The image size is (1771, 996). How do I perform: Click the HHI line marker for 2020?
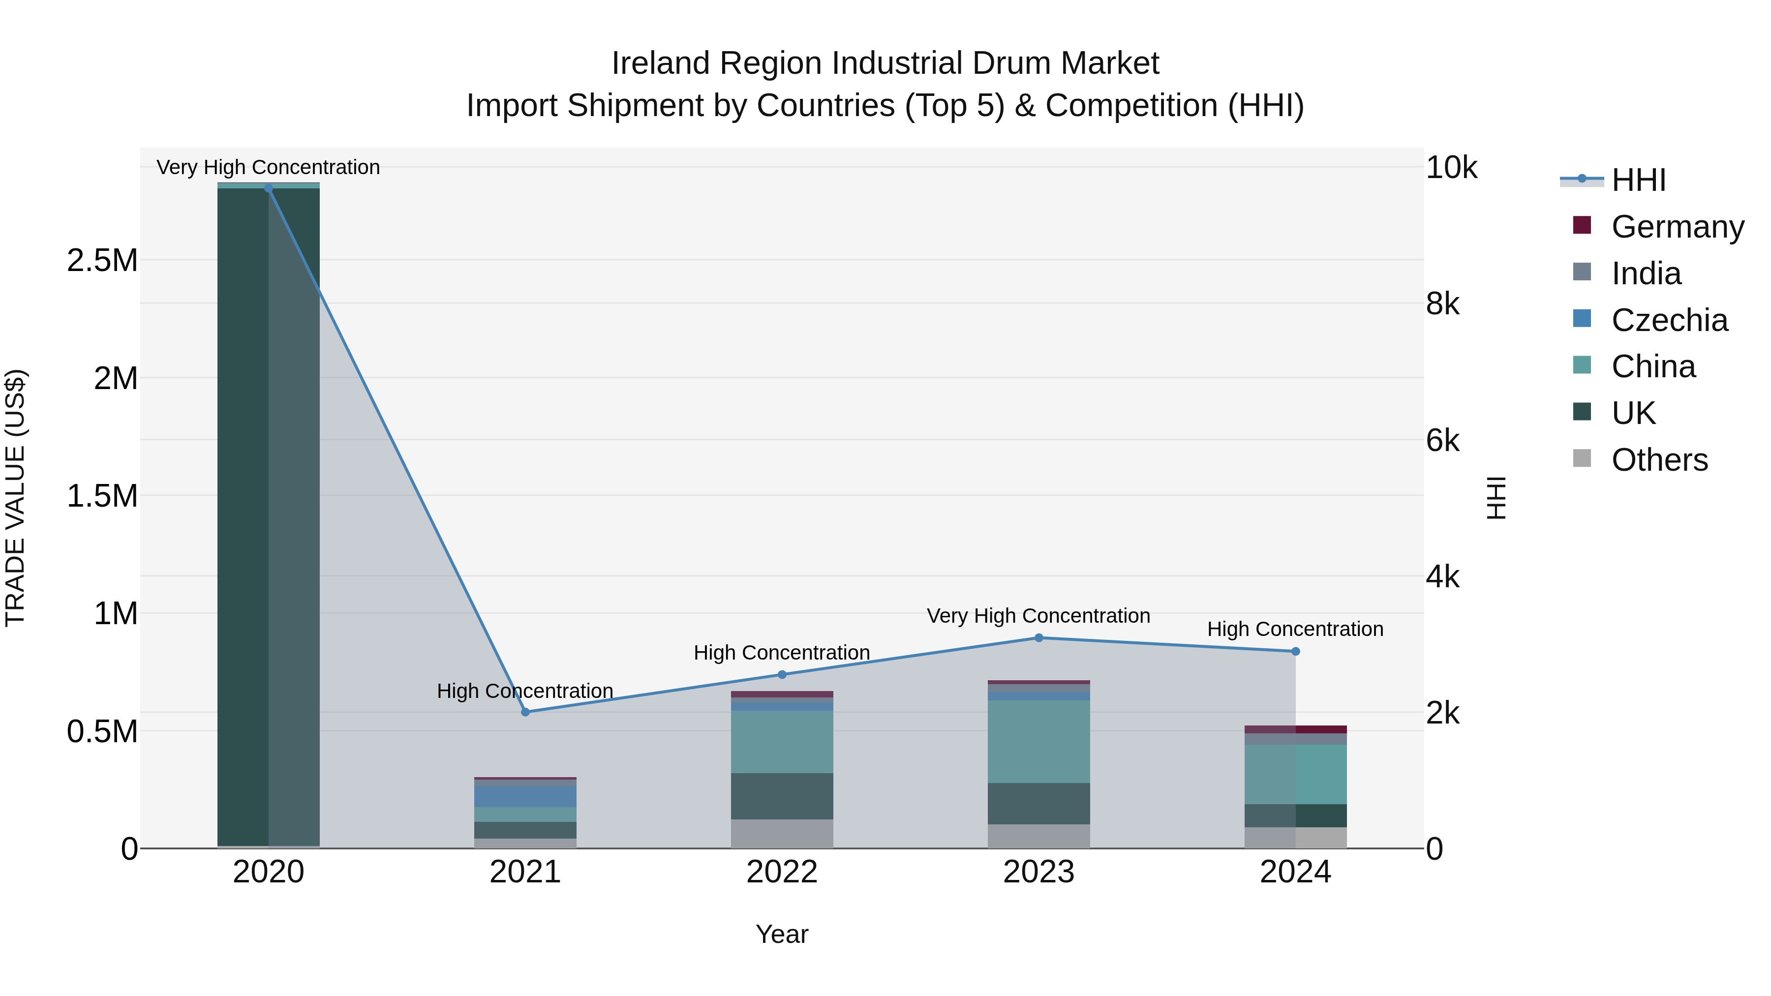click(x=268, y=188)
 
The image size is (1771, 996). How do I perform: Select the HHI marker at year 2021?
click(x=525, y=712)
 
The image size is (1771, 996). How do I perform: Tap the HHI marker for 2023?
click(x=1039, y=638)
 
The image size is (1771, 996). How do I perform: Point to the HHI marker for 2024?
click(x=1295, y=651)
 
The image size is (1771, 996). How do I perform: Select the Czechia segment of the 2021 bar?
click(x=525, y=797)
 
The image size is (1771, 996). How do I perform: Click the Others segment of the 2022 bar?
click(x=782, y=834)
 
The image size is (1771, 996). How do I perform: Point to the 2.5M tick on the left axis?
click(x=102, y=261)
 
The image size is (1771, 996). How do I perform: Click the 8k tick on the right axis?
click(x=1443, y=304)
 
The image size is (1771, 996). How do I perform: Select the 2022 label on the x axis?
click(x=782, y=872)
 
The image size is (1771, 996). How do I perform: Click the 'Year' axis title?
click(x=782, y=934)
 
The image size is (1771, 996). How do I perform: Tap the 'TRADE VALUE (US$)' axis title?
click(x=15, y=498)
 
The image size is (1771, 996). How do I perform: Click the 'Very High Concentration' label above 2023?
click(x=1038, y=616)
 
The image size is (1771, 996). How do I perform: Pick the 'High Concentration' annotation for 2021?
click(x=525, y=691)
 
